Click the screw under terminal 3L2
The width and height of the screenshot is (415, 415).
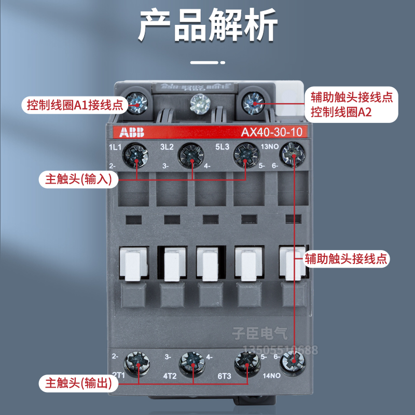pos(191,154)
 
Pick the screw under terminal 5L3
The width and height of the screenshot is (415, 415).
pos(245,154)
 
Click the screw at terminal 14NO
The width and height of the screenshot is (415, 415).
pos(293,360)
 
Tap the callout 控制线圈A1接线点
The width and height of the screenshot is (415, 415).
pos(75,105)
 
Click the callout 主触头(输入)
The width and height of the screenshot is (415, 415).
pos(78,179)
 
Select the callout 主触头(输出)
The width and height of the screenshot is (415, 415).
pos(78,384)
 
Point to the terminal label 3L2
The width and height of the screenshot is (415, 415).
pos(167,147)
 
